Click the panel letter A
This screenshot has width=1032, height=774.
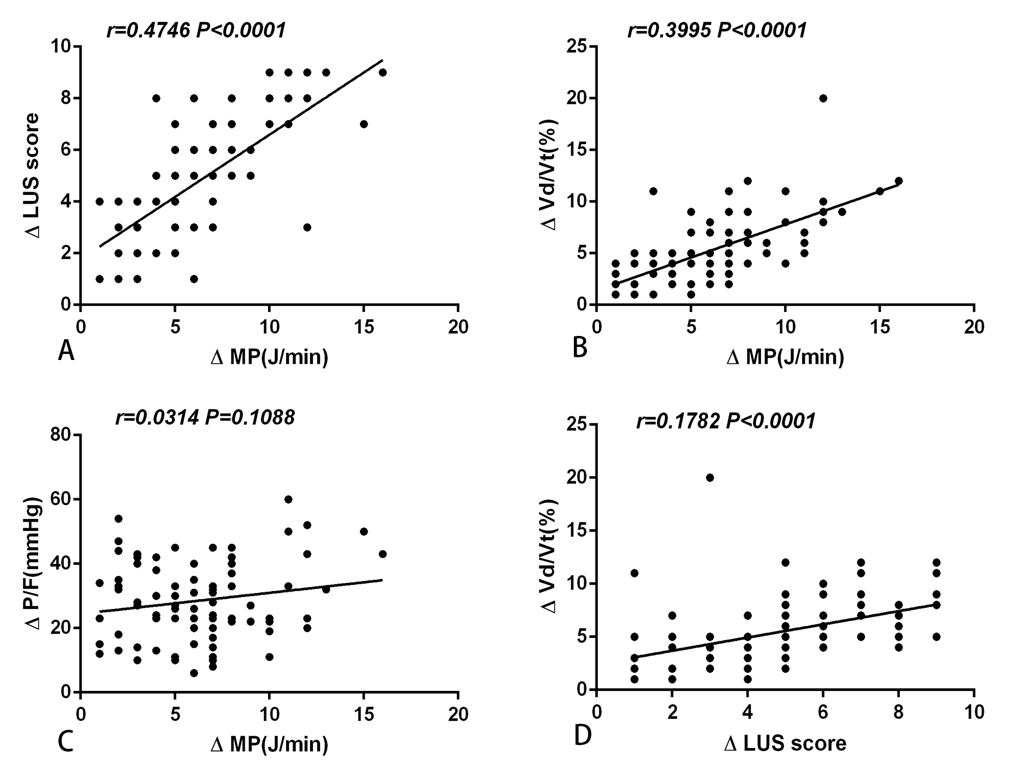click(66, 350)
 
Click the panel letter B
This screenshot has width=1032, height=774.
click(580, 347)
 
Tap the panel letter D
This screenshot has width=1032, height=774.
click(583, 736)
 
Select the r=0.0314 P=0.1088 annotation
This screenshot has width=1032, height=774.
click(205, 418)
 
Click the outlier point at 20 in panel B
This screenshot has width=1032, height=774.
click(823, 98)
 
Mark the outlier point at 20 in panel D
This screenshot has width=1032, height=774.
click(710, 477)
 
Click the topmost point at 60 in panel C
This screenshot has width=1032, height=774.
click(288, 499)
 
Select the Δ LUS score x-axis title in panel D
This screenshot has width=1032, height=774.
click(785, 743)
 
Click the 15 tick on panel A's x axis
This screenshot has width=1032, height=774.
click(364, 327)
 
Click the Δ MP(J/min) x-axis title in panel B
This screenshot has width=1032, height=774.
click(785, 357)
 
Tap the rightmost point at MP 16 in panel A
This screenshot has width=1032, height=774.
click(383, 73)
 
